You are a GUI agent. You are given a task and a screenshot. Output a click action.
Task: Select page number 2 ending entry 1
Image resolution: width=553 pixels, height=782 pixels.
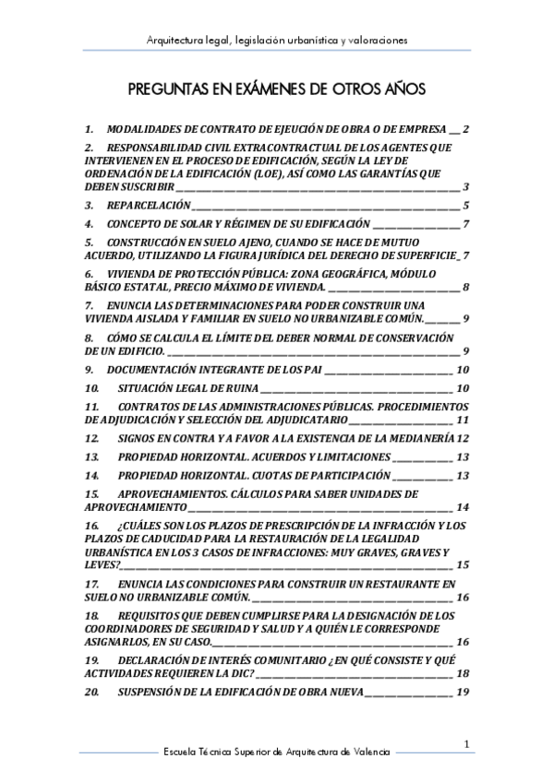pos(467,129)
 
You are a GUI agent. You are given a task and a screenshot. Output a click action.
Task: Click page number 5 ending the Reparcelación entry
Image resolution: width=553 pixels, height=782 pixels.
pos(467,205)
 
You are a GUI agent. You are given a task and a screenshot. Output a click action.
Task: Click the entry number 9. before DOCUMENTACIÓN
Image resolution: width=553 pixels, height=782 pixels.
pos(89,369)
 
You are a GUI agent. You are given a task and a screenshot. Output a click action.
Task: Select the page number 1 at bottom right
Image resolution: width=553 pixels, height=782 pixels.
pos(468,743)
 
